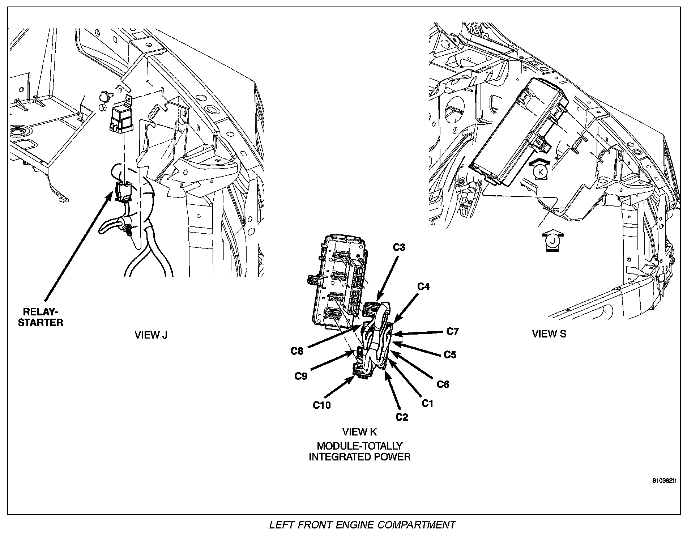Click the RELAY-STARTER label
[x=40, y=317]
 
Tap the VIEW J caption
[x=151, y=335]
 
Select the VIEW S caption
[x=549, y=333]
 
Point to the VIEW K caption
[x=359, y=432]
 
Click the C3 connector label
[x=399, y=247]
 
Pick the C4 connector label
[x=423, y=286]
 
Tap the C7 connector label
[x=452, y=331]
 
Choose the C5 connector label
[x=450, y=355]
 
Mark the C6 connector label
[x=443, y=384]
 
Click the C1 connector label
[x=427, y=403]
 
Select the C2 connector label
[x=401, y=417]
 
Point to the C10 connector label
[x=321, y=405]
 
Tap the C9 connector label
[x=300, y=377]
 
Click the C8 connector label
[x=297, y=351]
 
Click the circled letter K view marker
[x=541, y=172]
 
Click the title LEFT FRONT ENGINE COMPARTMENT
[x=362, y=525]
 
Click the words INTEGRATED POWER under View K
[x=359, y=457]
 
